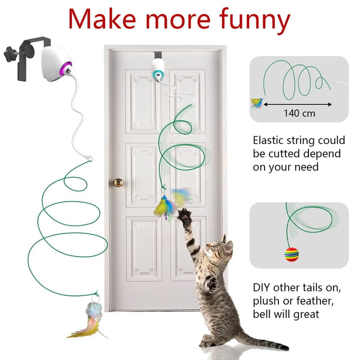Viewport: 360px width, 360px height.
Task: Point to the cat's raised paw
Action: [x=182, y=215]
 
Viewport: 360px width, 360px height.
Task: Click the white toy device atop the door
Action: [x=158, y=68]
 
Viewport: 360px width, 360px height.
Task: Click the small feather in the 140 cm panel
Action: [x=257, y=102]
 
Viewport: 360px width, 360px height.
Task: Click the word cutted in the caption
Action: [x=289, y=154]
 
